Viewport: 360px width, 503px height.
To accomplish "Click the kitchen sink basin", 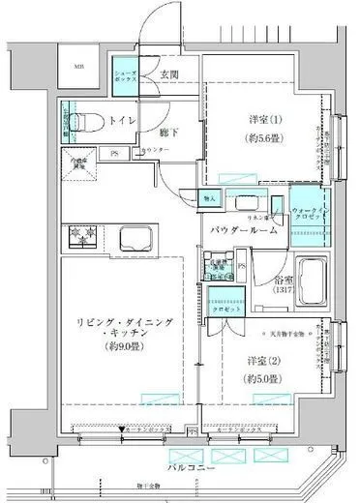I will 132,236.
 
